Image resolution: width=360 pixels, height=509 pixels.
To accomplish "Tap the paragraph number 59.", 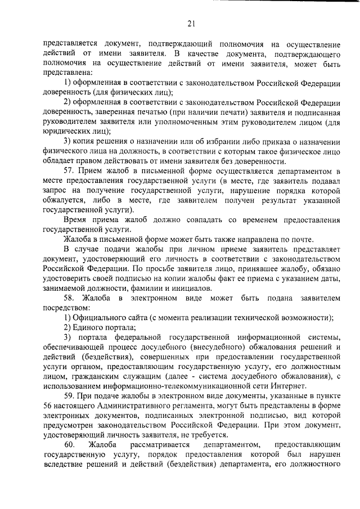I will point(69,397).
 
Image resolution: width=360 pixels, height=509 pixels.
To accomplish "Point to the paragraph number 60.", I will point(69,445).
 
